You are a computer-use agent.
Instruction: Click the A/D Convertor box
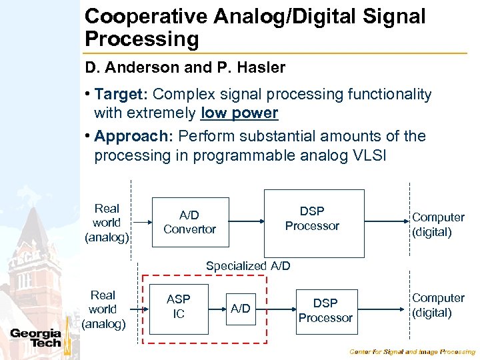(189, 222)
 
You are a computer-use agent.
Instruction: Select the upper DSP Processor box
(314, 223)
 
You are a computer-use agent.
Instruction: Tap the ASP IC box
(178, 307)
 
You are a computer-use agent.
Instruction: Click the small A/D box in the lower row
(240, 308)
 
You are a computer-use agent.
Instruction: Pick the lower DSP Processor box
(325, 311)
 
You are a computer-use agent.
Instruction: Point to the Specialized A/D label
(248, 266)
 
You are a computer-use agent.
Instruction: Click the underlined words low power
(239, 113)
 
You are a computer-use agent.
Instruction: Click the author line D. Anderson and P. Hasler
(185, 67)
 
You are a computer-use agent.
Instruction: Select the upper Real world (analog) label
(107, 223)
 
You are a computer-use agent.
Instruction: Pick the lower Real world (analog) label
(103, 309)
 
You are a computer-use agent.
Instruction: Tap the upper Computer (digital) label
(438, 225)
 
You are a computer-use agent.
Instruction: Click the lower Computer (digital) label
(438, 305)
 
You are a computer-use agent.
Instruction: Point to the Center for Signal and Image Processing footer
(413, 351)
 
